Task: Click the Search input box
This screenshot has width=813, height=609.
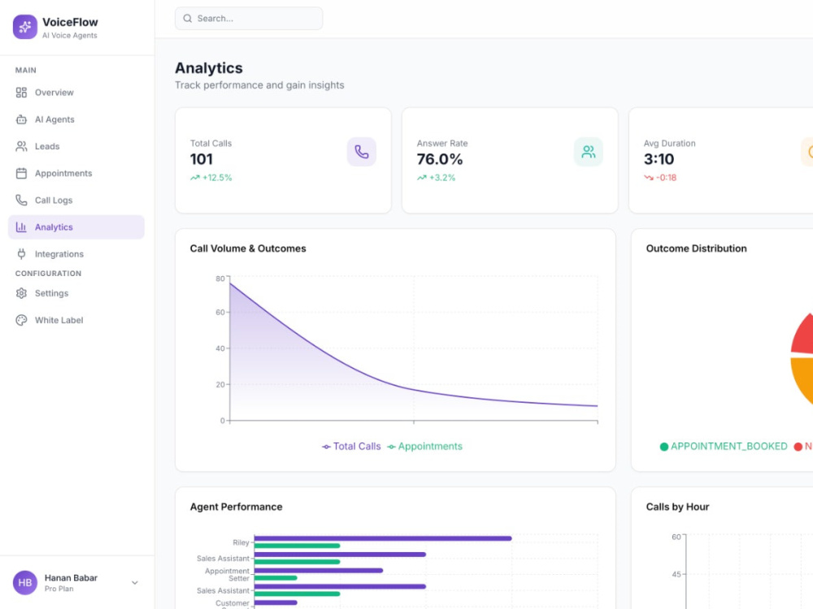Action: pyautogui.click(x=248, y=19)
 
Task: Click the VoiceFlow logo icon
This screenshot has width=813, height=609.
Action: pyautogui.click(x=25, y=27)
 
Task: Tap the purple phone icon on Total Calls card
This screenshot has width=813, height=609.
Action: pyautogui.click(x=362, y=152)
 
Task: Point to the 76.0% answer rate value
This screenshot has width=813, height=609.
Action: pyautogui.click(x=440, y=159)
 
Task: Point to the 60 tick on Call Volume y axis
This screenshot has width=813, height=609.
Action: pyautogui.click(x=220, y=313)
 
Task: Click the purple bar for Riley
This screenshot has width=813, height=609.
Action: pyautogui.click(x=383, y=538)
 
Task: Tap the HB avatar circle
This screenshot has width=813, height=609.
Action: pyautogui.click(x=25, y=582)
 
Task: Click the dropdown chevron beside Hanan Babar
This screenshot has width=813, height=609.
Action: pyautogui.click(x=135, y=582)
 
